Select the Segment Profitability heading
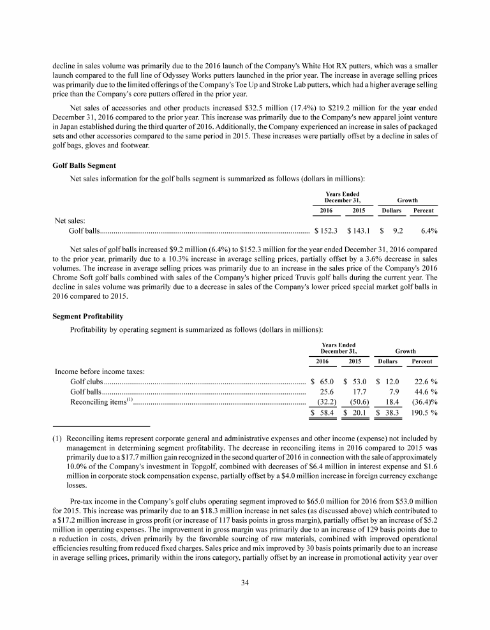(x=87, y=317)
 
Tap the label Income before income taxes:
(x=100, y=370)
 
